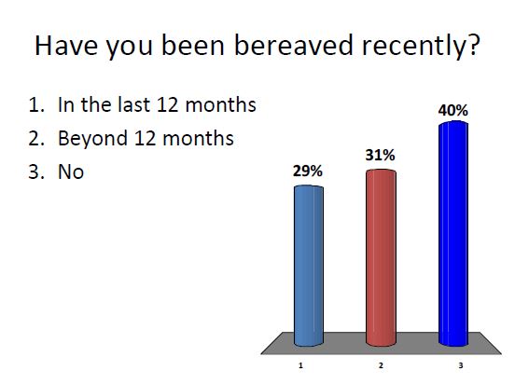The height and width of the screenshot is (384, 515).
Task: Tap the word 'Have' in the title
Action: coord(68,47)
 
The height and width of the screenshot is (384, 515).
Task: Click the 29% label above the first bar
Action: coord(308,171)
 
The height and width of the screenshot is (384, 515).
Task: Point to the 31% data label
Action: coord(380,156)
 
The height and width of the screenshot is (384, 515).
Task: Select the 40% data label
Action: coord(452,110)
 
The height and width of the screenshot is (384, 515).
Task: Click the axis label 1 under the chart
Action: coord(300,366)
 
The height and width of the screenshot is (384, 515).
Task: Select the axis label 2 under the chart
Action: coord(381,366)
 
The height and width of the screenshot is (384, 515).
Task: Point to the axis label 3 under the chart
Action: coord(460,366)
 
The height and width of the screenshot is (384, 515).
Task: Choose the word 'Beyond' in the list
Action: coord(90,139)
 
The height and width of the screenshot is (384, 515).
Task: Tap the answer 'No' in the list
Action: coord(71,172)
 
